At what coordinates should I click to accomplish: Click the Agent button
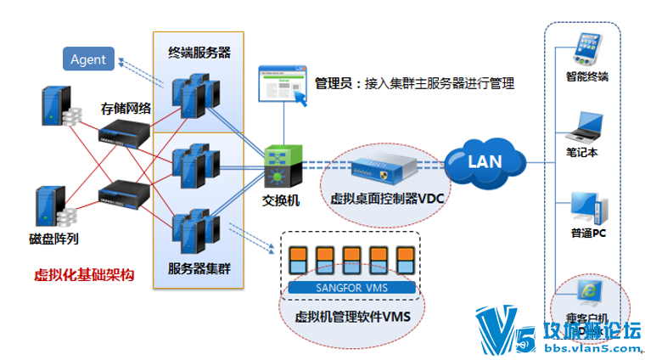click(88, 59)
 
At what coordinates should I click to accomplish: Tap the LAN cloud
click(485, 160)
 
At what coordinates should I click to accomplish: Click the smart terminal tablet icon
click(588, 48)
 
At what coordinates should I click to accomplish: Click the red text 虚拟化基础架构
click(84, 274)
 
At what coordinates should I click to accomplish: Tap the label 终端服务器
click(199, 53)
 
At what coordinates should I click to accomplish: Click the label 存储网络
click(126, 108)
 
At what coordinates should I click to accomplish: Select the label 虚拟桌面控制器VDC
click(388, 198)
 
